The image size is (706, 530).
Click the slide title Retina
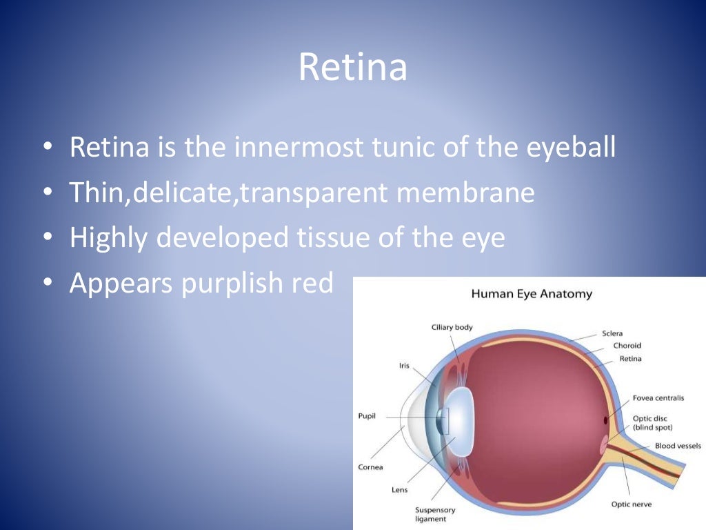(x=352, y=68)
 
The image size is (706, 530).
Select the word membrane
(x=465, y=193)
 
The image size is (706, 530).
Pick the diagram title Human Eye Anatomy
(x=532, y=294)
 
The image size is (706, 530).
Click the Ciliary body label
(x=452, y=327)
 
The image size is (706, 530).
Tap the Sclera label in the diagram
(x=612, y=333)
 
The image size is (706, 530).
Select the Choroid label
(x=627, y=346)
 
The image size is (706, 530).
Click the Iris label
(x=404, y=366)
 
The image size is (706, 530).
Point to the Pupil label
(x=367, y=416)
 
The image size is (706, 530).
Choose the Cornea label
(x=370, y=467)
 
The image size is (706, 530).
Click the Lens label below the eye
(x=400, y=490)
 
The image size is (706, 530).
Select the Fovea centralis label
(x=658, y=398)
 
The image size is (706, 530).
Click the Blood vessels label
(x=678, y=446)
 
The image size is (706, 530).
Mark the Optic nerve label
(x=632, y=504)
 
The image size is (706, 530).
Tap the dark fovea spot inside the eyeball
(x=606, y=420)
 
